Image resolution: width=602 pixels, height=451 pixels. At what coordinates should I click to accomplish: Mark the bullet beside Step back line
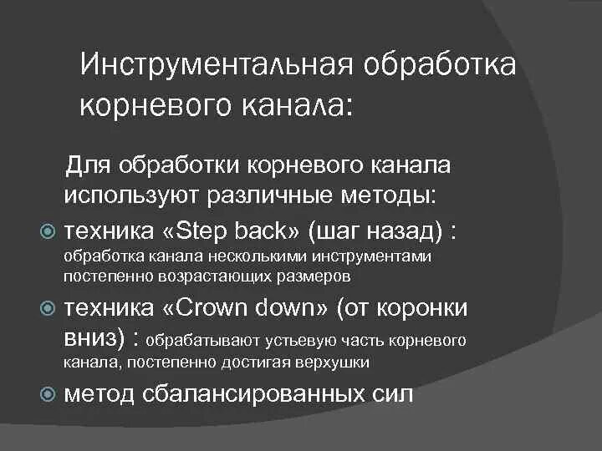pos(48,230)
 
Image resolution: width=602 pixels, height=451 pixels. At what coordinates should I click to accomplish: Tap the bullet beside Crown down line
pos(48,309)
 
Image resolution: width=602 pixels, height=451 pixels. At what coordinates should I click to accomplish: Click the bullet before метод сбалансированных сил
pos(48,394)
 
